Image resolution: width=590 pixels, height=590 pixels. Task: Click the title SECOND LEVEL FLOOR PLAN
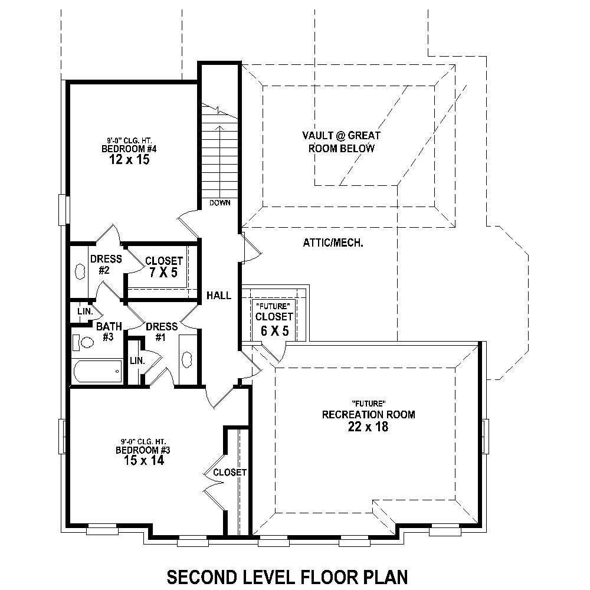287,575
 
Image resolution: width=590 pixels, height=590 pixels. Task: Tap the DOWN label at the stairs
219,203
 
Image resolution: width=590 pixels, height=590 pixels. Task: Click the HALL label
219,296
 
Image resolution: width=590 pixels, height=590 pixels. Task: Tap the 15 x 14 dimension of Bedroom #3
139,460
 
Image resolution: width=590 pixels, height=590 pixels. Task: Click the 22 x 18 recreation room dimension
368,427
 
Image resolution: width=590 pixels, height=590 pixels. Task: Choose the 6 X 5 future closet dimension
274,330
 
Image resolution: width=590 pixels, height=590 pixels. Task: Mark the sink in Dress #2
80,271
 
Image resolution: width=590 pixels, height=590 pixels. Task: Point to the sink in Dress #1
188,359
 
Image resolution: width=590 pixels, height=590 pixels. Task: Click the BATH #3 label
109,331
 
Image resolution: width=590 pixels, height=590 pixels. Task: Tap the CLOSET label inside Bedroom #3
230,473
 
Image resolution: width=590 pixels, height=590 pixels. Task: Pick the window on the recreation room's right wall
485,436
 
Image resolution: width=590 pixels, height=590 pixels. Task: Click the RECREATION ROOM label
368,415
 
